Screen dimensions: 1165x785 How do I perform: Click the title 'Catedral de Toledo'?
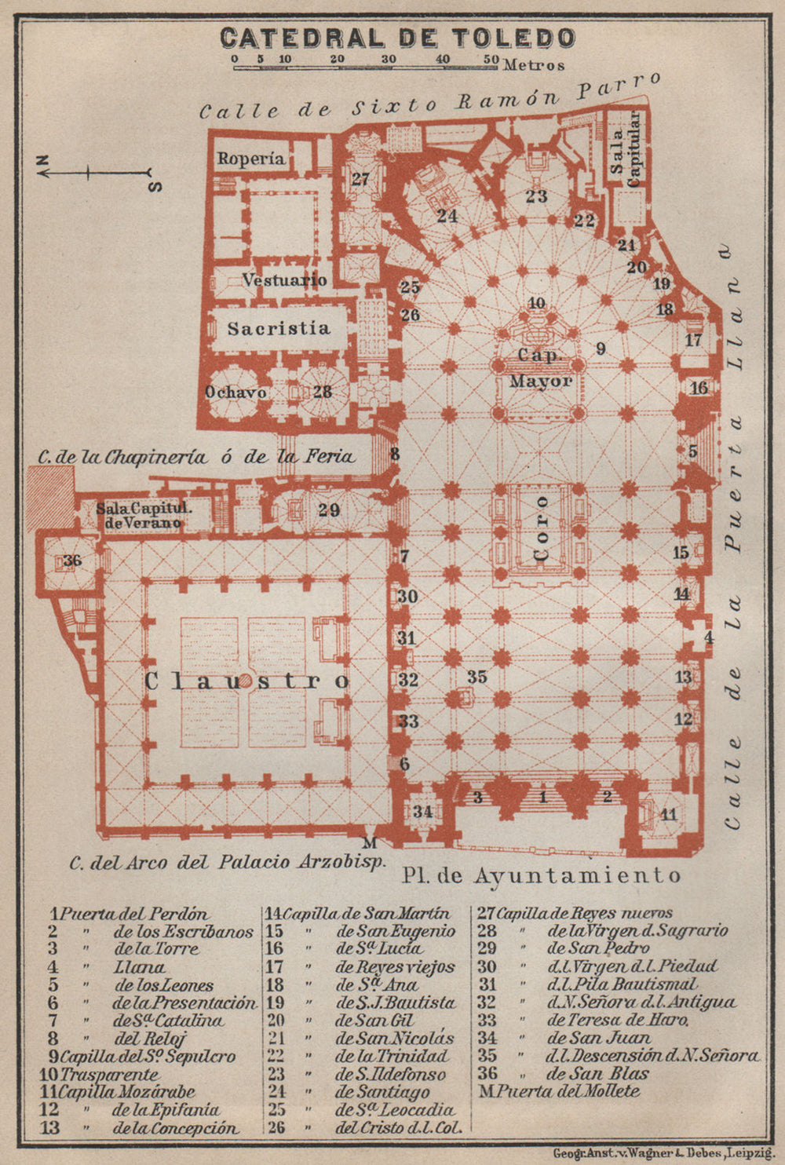(397, 38)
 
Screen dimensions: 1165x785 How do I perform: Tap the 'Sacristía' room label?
(279, 328)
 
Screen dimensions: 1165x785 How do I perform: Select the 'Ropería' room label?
(251, 159)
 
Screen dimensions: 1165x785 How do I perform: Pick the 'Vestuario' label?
(284, 279)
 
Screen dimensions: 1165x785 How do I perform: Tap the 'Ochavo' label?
(235, 392)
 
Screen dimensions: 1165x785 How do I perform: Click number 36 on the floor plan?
(72, 561)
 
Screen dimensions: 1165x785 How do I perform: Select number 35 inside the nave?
(476, 677)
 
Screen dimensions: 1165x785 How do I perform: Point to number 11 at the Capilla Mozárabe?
(668, 814)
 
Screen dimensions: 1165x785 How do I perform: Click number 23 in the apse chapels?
(536, 196)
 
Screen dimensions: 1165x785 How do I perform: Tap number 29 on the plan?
(329, 509)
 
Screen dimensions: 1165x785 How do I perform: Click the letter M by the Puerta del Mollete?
(371, 843)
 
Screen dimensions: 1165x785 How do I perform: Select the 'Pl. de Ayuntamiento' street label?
(541, 875)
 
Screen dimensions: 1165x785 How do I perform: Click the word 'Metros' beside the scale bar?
(534, 65)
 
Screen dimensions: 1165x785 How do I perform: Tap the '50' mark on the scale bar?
(491, 59)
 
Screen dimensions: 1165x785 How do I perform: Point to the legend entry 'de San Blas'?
(598, 1074)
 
